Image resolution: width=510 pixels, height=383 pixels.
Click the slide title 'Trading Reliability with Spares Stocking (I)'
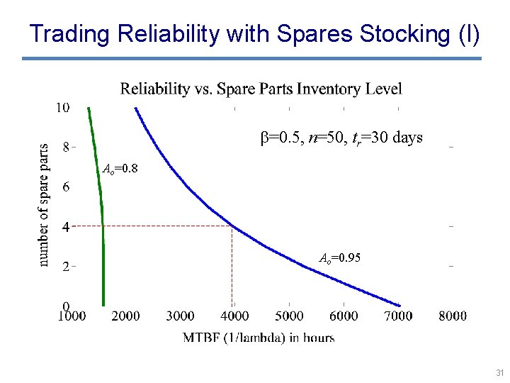[255, 33]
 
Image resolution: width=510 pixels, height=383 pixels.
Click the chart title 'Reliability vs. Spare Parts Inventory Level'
[261, 89]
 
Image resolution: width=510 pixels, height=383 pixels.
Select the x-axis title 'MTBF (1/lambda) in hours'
[259, 337]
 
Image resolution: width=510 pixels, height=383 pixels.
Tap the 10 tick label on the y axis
[63, 108]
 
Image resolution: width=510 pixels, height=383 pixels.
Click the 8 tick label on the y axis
[66, 148]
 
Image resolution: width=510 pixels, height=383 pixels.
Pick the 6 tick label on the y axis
[66, 187]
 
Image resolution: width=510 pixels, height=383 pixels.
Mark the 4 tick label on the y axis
[66, 228]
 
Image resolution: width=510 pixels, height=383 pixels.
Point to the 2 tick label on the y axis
[66, 267]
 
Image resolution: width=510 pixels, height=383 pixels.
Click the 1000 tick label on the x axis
[72, 316]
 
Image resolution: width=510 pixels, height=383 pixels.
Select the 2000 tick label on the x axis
[125, 316]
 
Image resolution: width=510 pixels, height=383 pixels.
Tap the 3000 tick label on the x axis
[180, 316]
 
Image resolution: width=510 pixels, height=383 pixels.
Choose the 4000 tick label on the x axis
[234, 316]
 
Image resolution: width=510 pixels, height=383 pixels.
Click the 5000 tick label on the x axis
[289, 316]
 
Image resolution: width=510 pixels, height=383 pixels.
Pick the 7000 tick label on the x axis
[398, 316]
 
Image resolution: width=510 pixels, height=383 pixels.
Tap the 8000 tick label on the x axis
[452, 316]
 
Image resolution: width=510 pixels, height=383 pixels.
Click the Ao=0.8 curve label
[120, 170]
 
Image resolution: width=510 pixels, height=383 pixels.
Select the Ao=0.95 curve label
[339, 258]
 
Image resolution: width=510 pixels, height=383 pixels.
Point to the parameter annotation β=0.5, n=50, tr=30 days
[342, 138]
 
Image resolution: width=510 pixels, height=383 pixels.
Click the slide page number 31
[499, 373]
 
